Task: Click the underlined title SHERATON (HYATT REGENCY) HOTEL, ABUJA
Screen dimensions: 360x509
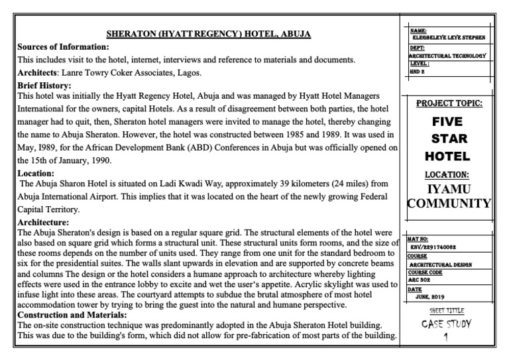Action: point(209,34)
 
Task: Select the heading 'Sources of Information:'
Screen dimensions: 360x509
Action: point(63,47)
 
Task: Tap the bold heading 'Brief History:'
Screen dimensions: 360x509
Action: point(44,86)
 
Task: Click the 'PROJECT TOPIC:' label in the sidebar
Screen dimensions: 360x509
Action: point(449,103)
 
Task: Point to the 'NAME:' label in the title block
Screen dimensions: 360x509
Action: point(418,30)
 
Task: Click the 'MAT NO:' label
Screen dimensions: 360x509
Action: point(419,239)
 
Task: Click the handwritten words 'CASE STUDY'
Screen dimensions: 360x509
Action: point(447,324)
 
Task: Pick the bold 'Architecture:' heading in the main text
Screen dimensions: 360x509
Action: point(43,223)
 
